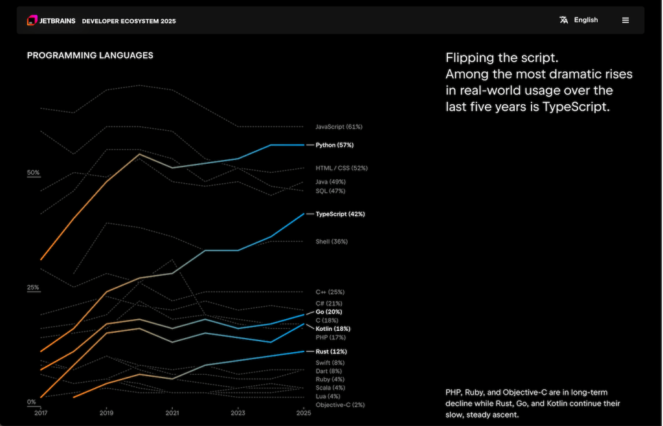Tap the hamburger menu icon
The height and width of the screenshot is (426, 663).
click(x=625, y=20)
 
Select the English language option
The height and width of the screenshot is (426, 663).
click(x=585, y=20)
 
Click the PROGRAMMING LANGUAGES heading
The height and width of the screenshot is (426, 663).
click(x=90, y=56)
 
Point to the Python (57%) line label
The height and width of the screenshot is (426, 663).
click(x=334, y=145)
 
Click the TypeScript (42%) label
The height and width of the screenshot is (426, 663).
click(x=340, y=214)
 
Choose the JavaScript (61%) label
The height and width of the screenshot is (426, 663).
click(x=339, y=127)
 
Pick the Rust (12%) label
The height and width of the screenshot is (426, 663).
click(x=331, y=352)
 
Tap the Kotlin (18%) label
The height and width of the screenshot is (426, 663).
click(x=333, y=329)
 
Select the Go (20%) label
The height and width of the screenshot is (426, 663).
click(x=329, y=312)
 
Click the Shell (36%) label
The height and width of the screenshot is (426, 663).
click(x=331, y=241)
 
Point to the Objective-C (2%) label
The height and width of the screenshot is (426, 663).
click(x=340, y=405)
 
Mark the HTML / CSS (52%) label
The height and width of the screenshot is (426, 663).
click(x=341, y=168)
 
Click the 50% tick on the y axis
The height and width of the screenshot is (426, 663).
click(x=33, y=173)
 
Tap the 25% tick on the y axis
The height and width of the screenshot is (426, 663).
click(x=33, y=287)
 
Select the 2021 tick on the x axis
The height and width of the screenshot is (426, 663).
click(x=172, y=412)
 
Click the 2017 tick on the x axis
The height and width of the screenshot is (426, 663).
click(x=41, y=412)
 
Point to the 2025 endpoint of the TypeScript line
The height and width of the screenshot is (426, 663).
click(x=304, y=214)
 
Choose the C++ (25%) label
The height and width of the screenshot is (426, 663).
click(x=330, y=292)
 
